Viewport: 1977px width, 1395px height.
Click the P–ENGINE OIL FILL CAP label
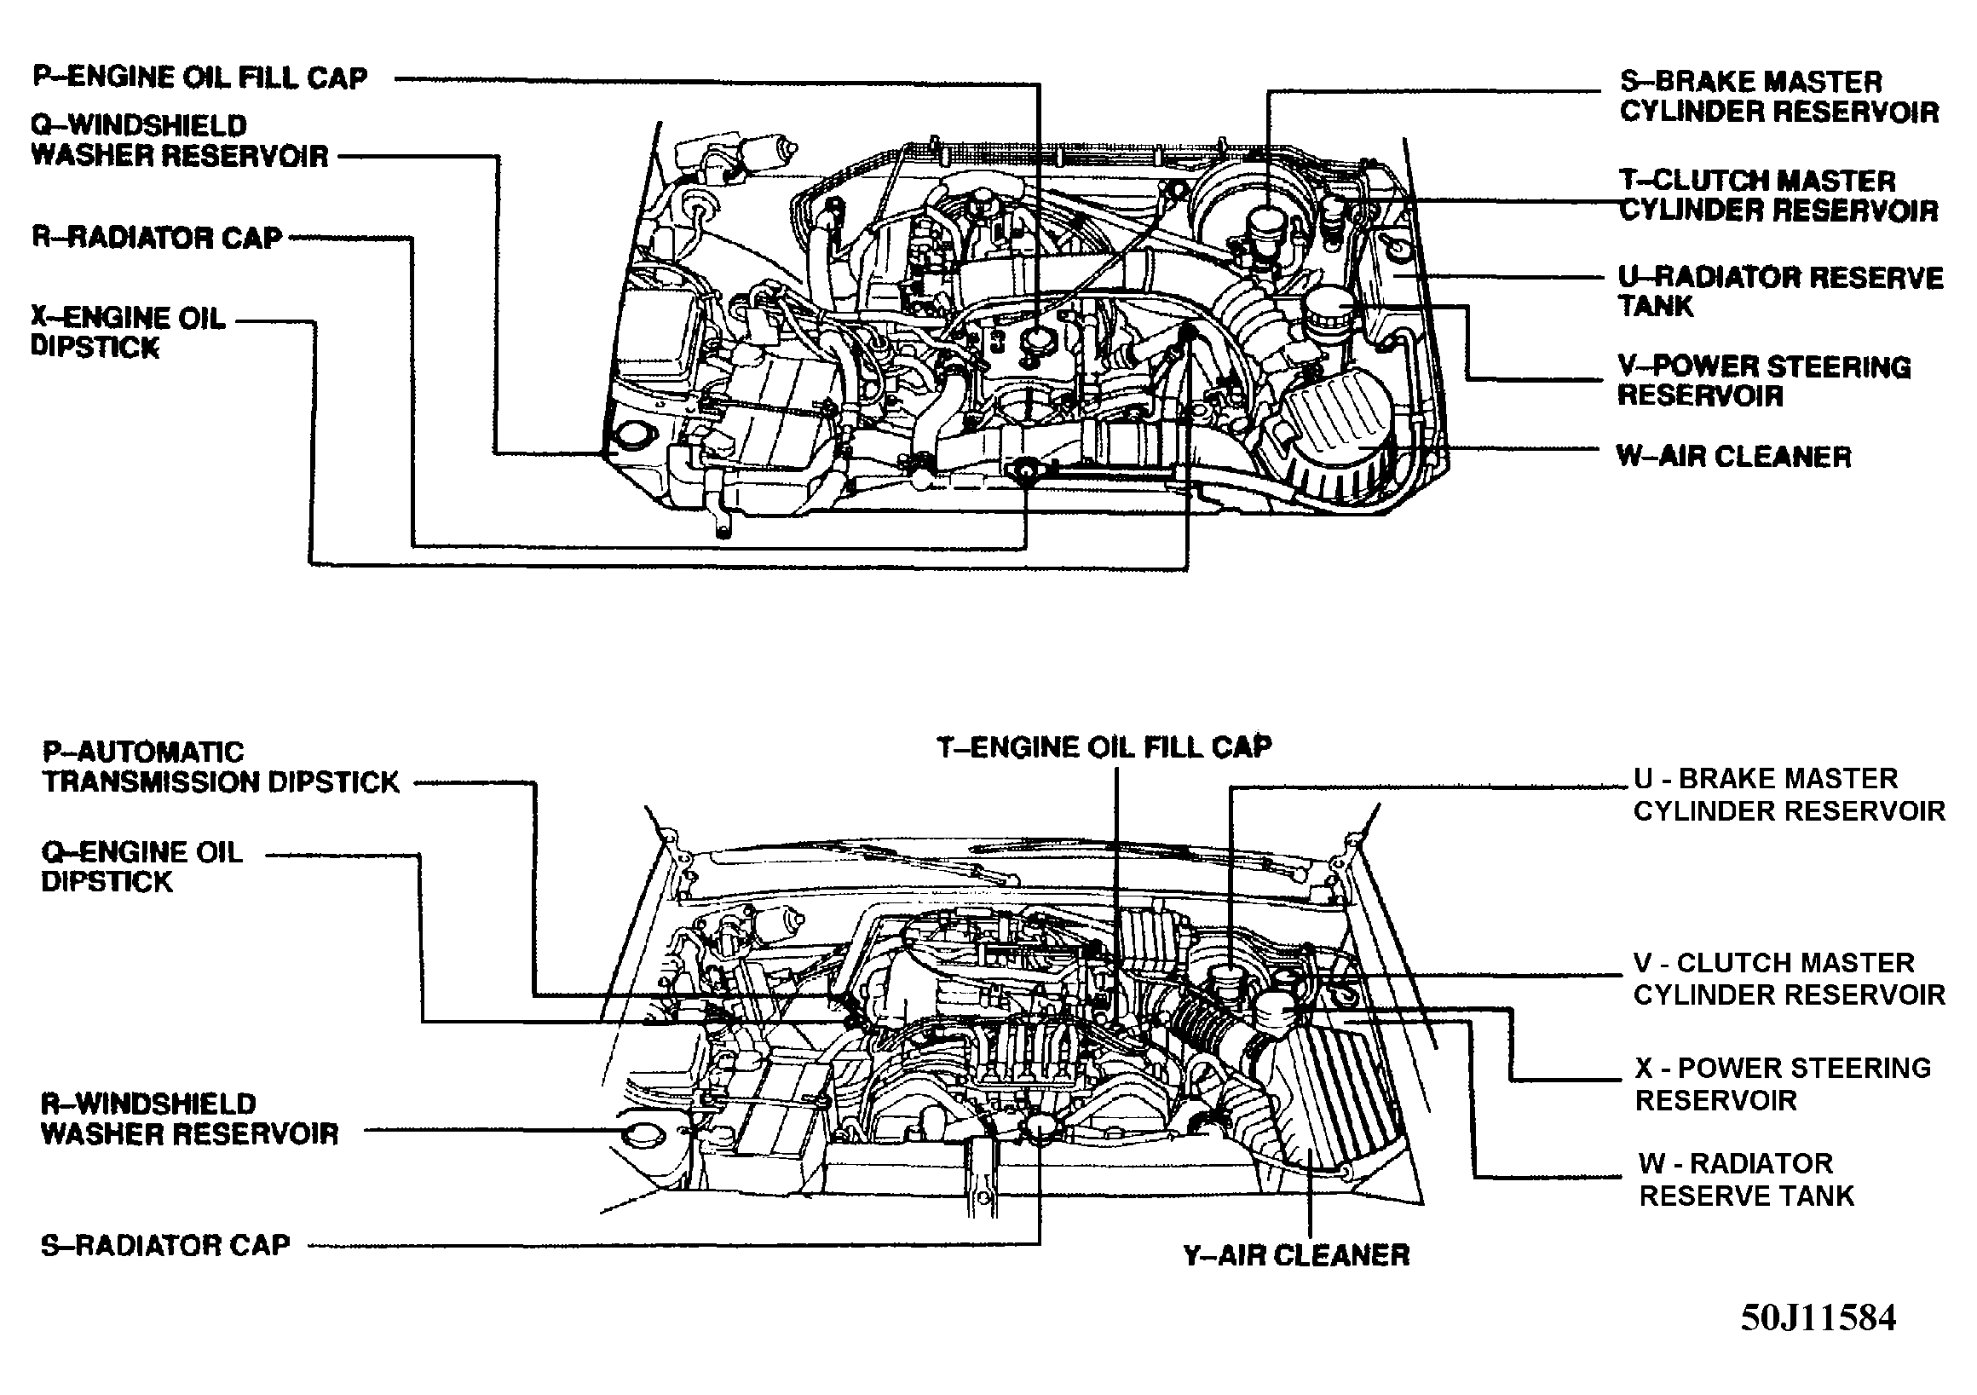coord(199,78)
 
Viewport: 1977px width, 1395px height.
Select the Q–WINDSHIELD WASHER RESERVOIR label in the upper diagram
coord(179,141)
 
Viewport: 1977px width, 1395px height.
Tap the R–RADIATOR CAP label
coord(158,237)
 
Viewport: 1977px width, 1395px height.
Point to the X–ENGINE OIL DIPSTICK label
coord(128,332)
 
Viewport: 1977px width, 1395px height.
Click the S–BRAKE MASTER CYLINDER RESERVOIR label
coord(1778,96)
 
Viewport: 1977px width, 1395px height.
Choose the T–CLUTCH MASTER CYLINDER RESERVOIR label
coord(1778,195)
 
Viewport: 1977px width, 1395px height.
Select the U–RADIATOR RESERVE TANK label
coord(1778,292)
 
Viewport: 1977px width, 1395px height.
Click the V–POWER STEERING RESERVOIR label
coord(1763,381)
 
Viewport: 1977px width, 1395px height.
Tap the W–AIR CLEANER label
coord(1733,456)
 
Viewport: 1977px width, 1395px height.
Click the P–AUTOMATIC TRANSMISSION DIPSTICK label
coord(221,767)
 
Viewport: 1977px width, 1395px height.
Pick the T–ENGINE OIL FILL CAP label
coord(1104,746)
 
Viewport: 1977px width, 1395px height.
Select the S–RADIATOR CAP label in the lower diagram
coord(165,1245)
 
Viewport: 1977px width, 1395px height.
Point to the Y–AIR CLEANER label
coord(1296,1255)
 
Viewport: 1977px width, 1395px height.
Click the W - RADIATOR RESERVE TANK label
coord(1746,1179)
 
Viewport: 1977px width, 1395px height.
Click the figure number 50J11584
coord(1818,1318)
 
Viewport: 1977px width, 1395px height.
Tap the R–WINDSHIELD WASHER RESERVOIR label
coord(189,1119)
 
